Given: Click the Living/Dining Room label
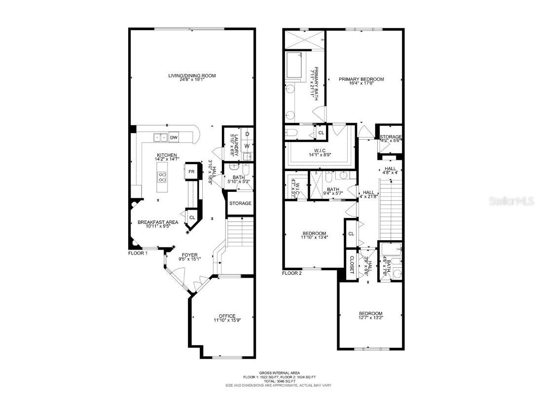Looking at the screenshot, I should [x=192, y=76].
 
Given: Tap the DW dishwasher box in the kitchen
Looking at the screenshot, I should [x=174, y=137].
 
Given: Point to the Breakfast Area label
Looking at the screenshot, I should [x=157, y=222].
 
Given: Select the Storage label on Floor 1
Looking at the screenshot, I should [x=240, y=203].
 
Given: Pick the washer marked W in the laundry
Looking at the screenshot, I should [x=247, y=146].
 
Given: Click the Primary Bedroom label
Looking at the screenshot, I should [x=361, y=79].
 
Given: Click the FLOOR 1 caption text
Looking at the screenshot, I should [x=138, y=253].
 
